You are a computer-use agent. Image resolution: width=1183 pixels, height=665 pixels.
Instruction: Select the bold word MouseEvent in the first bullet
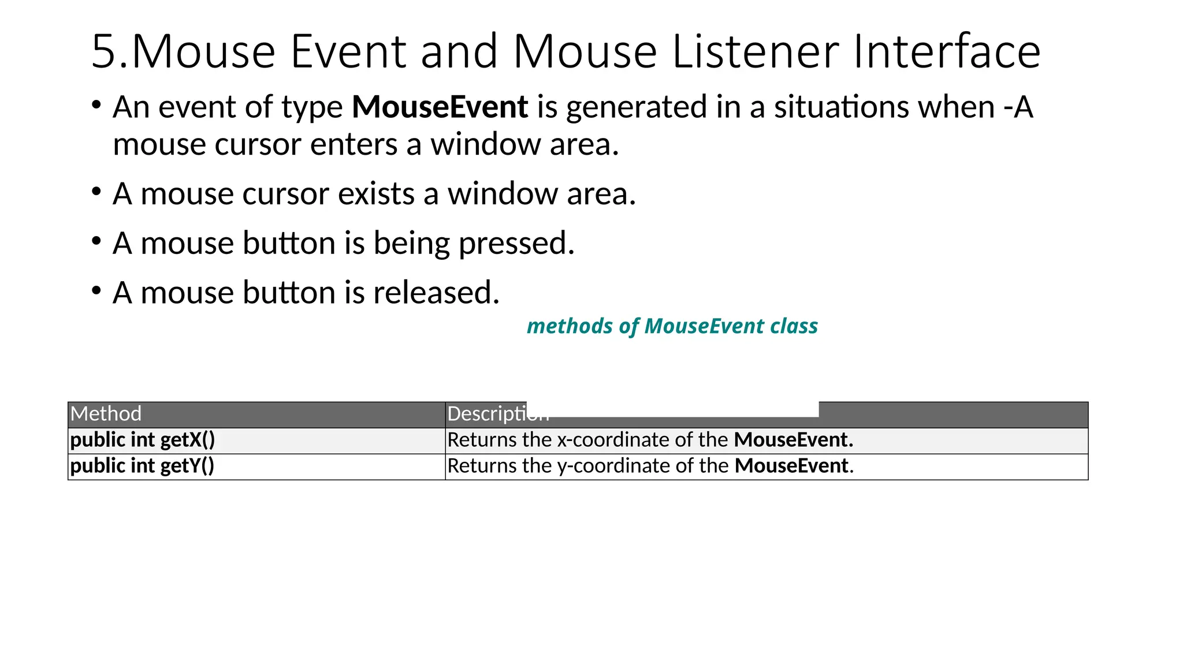click(x=440, y=107)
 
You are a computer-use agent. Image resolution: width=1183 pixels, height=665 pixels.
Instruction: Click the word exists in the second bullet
click(x=376, y=194)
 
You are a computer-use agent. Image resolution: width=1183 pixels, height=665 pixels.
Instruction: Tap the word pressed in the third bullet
click(x=516, y=244)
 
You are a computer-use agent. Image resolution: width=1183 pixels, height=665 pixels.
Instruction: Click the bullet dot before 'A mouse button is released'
click(x=96, y=290)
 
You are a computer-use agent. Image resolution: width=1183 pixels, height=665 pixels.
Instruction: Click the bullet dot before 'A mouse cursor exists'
click(x=96, y=192)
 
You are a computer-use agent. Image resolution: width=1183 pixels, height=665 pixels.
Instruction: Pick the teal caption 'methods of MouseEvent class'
click(x=672, y=326)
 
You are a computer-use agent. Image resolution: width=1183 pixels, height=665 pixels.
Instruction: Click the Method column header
click(x=106, y=414)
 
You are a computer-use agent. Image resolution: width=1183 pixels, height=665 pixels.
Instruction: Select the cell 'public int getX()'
click(x=142, y=440)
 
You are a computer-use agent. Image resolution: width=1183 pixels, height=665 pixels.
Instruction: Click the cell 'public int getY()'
click(x=142, y=466)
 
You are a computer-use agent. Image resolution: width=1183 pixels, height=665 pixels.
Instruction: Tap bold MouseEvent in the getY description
click(x=791, y=466)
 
